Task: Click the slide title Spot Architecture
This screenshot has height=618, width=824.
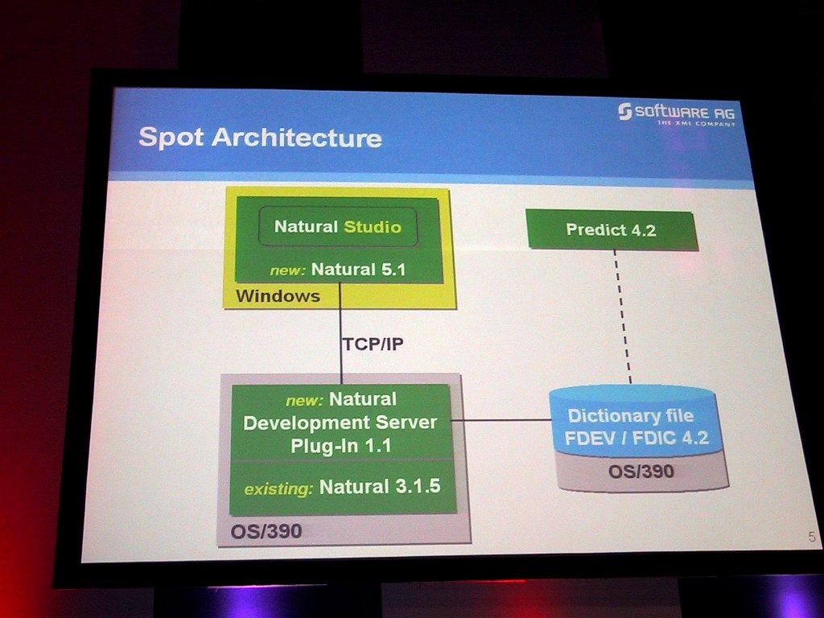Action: (260, 138)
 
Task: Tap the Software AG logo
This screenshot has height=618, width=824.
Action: (677, 113)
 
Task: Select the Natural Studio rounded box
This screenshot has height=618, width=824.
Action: (338, 226)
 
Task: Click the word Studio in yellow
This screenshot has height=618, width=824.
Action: (373, 227)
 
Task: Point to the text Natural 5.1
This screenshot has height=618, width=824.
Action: (358, 270)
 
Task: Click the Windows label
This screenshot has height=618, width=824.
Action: (278, 296)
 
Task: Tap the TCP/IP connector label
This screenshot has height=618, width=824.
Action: (373, 344)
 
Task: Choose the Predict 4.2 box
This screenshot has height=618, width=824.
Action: (612, 230)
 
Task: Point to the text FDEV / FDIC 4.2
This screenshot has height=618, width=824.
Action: (637, 438)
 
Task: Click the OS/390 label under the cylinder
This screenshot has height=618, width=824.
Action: (641, 472)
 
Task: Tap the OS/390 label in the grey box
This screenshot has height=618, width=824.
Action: (266, 531)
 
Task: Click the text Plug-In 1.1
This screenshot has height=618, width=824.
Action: (341, 446)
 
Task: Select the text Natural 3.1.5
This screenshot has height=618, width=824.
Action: (380, 487)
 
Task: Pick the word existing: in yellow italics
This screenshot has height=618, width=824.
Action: (278, 489)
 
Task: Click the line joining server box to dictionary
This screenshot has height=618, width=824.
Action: (501, 420)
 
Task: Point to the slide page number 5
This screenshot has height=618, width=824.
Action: (812, 537)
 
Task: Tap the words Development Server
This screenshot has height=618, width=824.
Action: (340, 422)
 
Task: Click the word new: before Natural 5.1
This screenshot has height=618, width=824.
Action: (287, 270)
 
